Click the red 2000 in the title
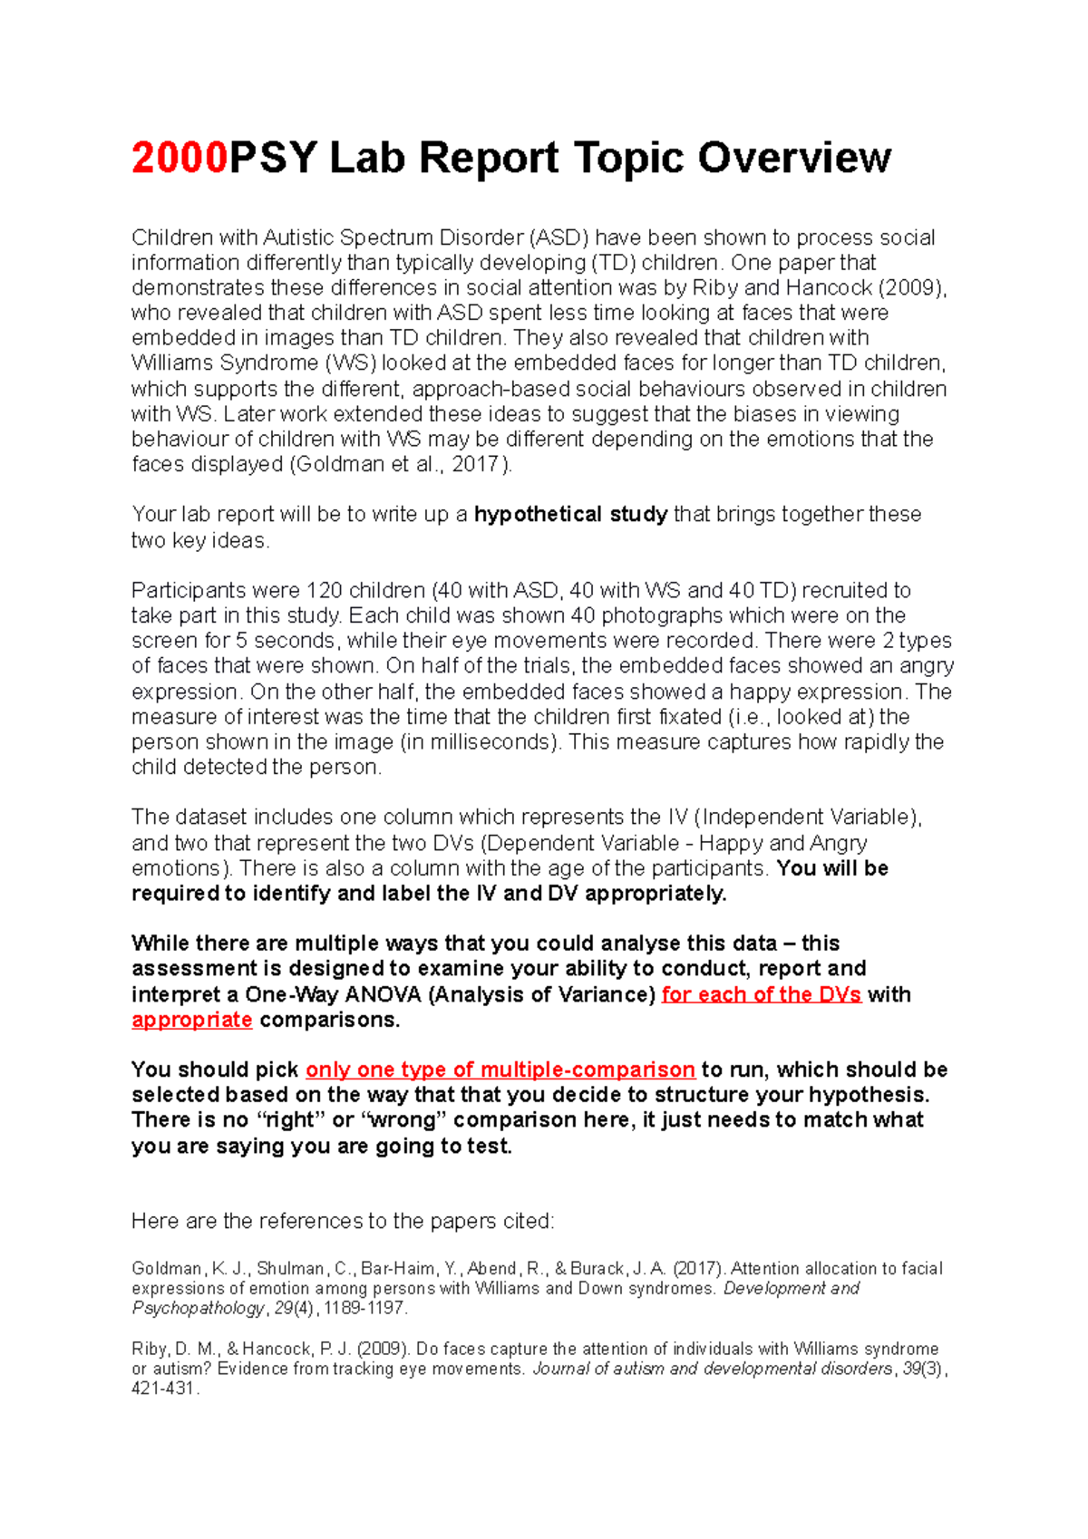point(180,159)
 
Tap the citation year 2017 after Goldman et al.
point(476,465)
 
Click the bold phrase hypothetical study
point(570,515)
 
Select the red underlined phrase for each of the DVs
point(761,994)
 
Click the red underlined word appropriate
point(191,1020)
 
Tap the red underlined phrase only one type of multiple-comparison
point(500,1070)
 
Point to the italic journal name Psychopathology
point(198,1309)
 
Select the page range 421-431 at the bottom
point(163,1389)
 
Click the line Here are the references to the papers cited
point(342,1222)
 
